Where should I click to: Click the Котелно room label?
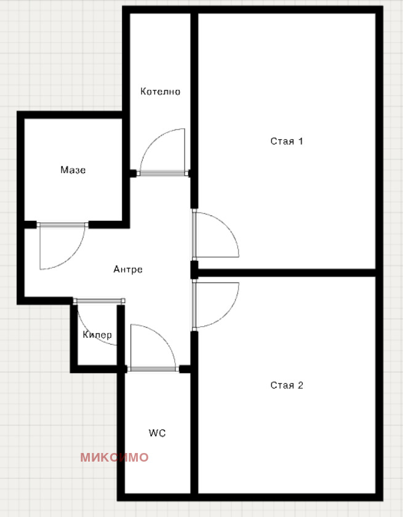tap(160, 91)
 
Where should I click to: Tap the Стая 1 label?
tap(287, 142)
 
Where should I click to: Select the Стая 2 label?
tap(287, 385)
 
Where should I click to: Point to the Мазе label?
tap(73, 170)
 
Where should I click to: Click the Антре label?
tap(128, 270)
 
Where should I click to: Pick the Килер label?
tap(97, 335)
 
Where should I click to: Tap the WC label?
tap(157, 433)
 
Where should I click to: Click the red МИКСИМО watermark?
tap(114, 457)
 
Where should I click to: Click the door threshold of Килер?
tap(99, 301)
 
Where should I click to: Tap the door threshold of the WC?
tap(153, 369)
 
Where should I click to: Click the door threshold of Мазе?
tap(63, 225)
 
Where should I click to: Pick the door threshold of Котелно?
tap(164, 173)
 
